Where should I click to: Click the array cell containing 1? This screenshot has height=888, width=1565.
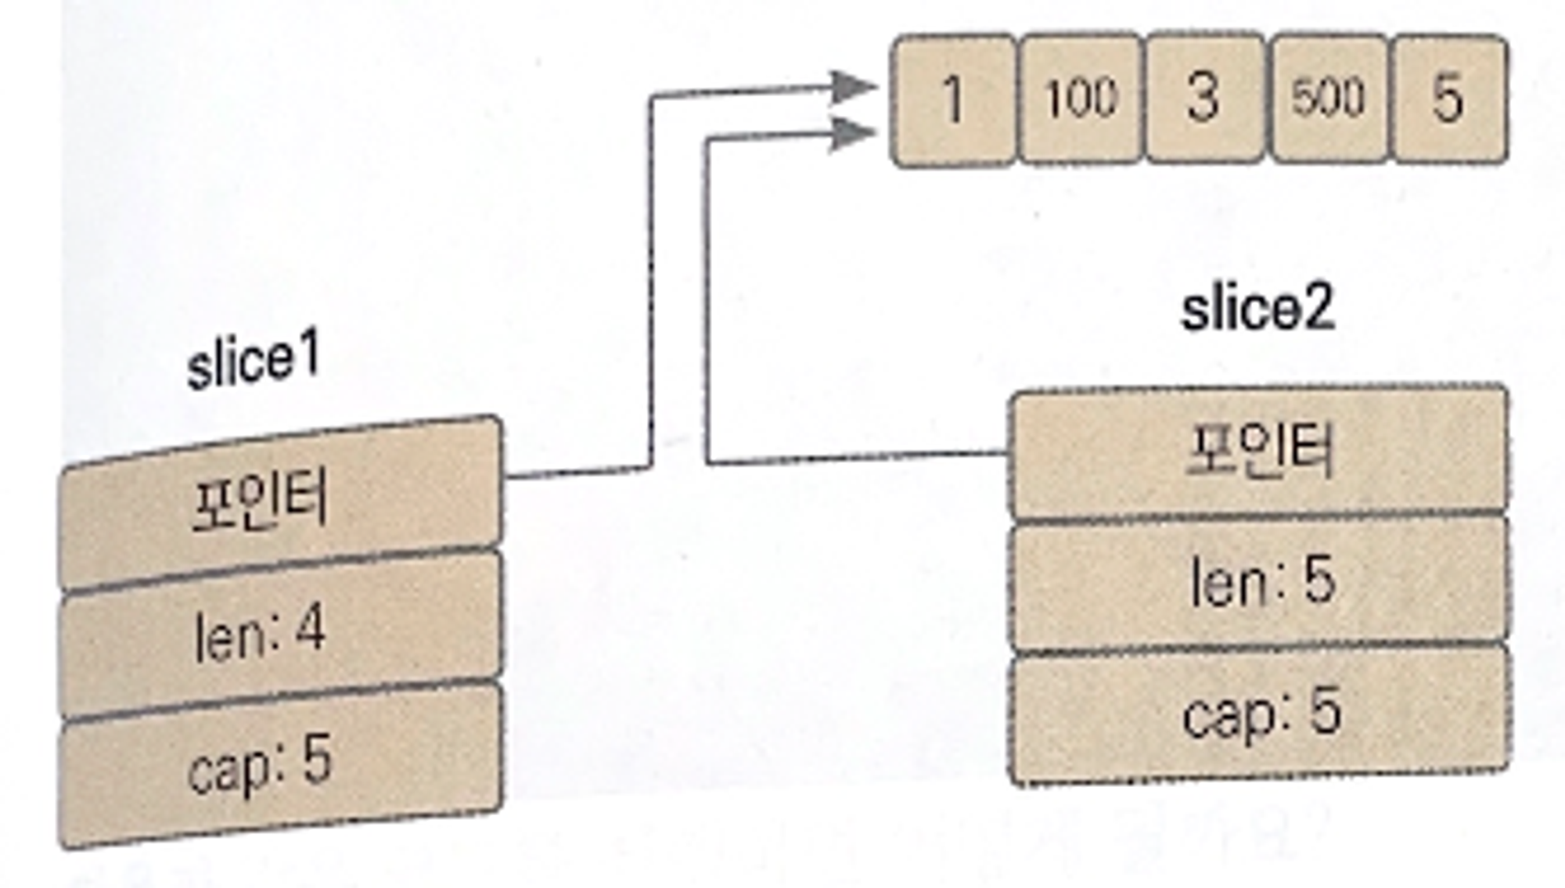954,100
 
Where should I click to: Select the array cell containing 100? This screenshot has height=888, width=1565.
1081,99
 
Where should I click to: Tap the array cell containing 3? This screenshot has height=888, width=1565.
1204,98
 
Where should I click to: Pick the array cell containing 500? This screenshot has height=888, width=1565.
1328,98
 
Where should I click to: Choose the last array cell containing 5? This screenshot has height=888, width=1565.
1448,99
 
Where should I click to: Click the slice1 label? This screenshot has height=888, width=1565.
254,361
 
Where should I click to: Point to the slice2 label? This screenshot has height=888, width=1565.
1257,310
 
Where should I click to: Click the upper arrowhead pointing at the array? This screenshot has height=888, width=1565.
853,87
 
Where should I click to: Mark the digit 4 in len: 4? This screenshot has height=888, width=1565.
310,627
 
